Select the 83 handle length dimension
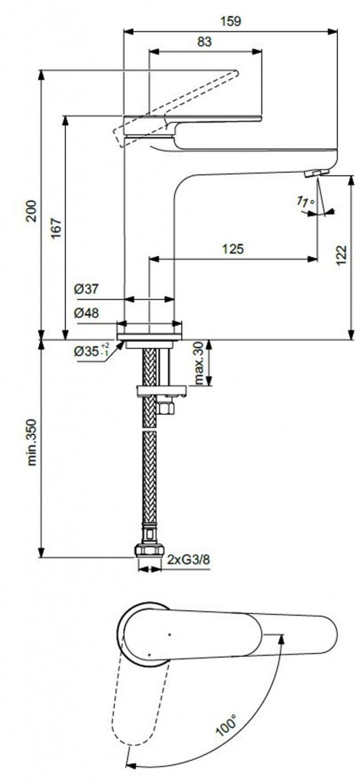[x=204, y=43]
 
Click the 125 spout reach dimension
[x=235, y=249]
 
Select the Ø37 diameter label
[x=86, y=289]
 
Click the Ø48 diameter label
[x=86, y=313]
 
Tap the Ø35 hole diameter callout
[x=92, y=351]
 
